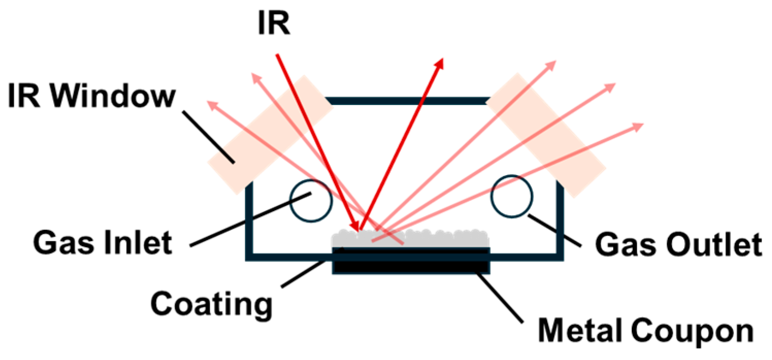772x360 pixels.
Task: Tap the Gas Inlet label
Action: [103, 242]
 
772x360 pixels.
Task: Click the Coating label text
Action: [211, 303]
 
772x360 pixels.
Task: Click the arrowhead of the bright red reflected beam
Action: [439, 63]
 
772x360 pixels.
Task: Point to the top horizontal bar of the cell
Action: [407, 100]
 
